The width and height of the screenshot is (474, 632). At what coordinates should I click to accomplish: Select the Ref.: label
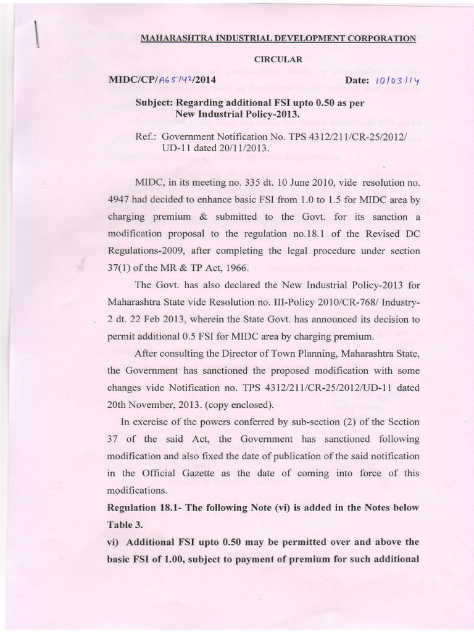(x=146, y=137)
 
